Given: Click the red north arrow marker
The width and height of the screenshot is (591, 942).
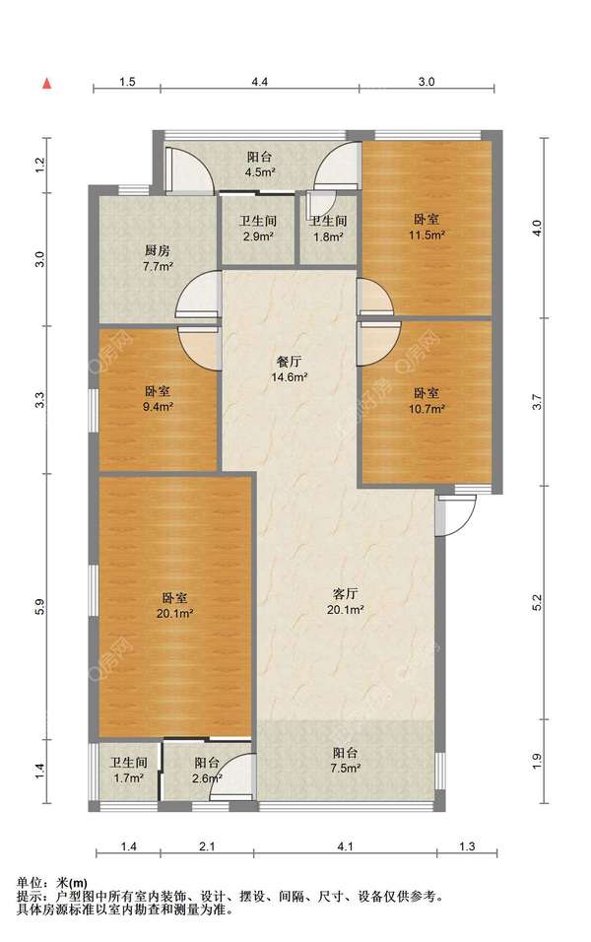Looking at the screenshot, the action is click(x=46, y=84).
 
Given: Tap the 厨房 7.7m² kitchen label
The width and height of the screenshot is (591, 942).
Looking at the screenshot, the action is click(x=158, y=258).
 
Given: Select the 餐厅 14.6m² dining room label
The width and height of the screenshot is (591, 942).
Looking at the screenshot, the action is click(x=289, y=369).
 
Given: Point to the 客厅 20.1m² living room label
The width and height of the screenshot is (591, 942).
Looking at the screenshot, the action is click(x=346, y=601).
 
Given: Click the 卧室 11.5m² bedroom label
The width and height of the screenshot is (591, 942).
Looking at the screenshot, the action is click(x=427, y=227).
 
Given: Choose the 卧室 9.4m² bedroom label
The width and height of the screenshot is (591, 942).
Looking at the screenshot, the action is click(x=158, y=399).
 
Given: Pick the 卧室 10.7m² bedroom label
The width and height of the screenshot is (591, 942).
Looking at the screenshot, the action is click(x=427, y=401).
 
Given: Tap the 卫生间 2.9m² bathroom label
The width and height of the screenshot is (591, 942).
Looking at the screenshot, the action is click(x=258, y=229).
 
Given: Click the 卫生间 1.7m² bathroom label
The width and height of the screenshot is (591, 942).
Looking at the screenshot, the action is click(x=128, y=770).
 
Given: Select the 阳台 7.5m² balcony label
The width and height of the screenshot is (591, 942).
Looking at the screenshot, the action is click(x=346, y=760).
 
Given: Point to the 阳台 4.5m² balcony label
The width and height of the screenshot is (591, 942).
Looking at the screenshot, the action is click(x=259, y=164).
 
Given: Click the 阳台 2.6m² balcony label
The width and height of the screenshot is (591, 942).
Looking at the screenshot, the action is click(x=207, y=771).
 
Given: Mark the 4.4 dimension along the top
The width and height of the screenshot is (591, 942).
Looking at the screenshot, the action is click(x=259, y=82).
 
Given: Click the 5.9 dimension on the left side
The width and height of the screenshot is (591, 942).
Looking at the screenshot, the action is click(x=39, y=607).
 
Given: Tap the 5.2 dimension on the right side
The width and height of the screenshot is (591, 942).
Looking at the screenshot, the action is click(x=537, y=603).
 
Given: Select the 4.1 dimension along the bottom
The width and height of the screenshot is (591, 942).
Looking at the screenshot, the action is click(x=345, y=846).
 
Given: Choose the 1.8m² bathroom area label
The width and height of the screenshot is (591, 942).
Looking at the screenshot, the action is click(x=328, y=236).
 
